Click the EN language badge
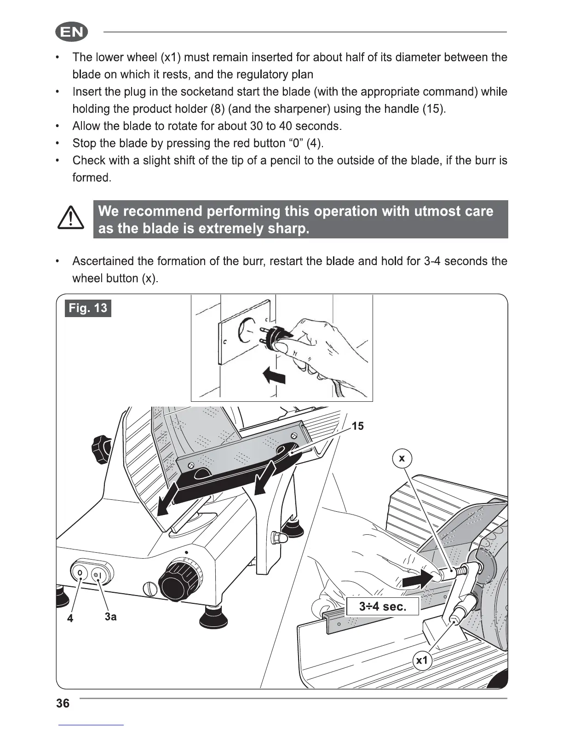(x=71, y=32)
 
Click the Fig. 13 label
(x=88, y=308)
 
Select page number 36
(x=63, y=703)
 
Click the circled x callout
(x=402, y=458)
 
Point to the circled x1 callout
(x=421, y=661)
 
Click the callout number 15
(x=357, y=426)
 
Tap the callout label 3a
(x=110, y=617)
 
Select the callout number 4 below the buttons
(x=70, y=619)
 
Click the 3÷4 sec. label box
(x=382, y=607)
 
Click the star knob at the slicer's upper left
(x=102, y=446)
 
